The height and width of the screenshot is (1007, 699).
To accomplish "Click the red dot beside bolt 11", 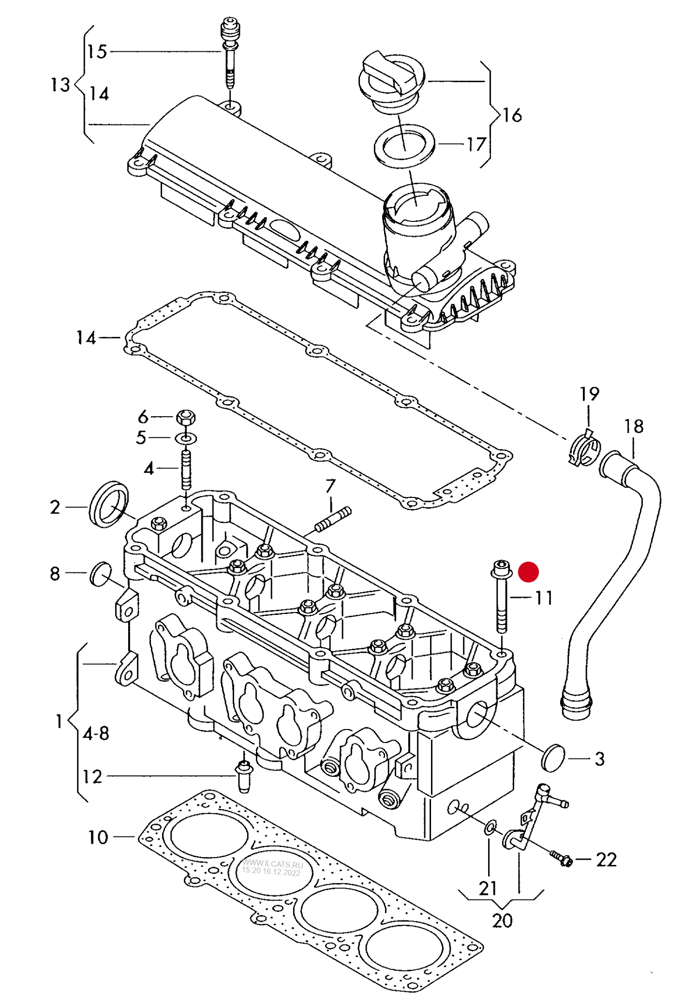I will tap(528, 572).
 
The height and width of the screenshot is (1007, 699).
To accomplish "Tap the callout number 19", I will tap(589, 394).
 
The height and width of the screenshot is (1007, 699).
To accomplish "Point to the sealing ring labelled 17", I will tap(404, 146).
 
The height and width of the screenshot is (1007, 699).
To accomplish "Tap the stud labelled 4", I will tap(186, 469).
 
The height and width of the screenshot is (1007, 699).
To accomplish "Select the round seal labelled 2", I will tap(109, 504).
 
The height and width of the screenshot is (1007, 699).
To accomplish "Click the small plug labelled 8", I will tap(101, 574).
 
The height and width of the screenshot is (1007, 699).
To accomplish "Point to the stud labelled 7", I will tap(333, 519).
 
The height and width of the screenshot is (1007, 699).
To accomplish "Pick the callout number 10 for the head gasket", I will tap(98, 837).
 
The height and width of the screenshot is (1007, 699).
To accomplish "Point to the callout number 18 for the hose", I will tap(634, 426).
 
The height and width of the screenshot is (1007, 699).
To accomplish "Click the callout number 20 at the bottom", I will tap(502, 920).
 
